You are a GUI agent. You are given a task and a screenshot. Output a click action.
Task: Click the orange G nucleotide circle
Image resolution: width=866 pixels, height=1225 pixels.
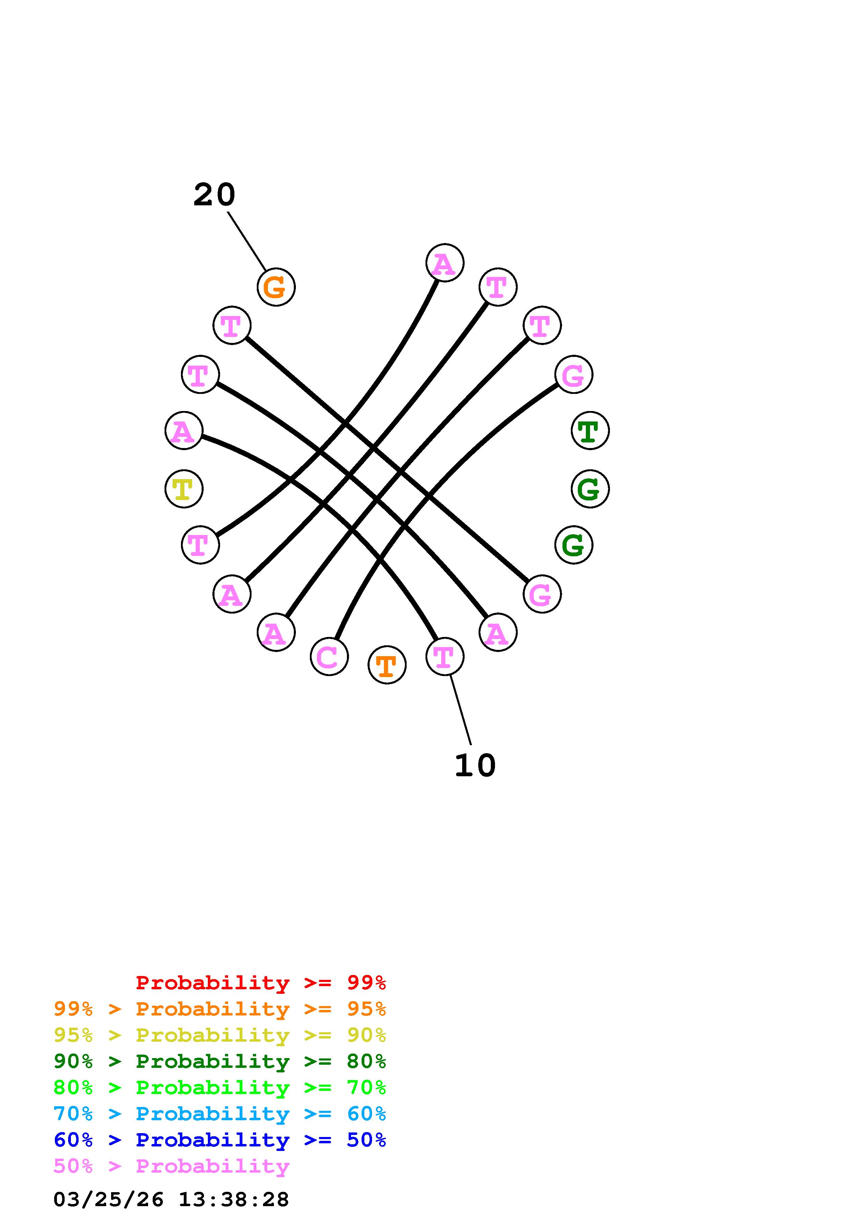(276, 287)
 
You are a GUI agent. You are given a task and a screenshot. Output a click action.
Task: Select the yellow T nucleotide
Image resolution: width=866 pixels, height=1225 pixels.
(183, 489)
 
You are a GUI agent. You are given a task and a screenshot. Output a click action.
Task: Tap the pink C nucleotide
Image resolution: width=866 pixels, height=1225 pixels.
(329, 656)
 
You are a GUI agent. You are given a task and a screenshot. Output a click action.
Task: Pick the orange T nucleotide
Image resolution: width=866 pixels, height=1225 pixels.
(387, 665)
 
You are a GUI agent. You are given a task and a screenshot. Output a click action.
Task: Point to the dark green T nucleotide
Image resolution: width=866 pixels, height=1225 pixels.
(590, 431)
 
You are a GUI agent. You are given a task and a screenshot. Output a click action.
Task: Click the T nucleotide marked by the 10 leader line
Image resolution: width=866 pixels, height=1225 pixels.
(444, 656)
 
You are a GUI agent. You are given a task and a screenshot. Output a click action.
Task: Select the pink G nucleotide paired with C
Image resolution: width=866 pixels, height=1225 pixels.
(574, 375)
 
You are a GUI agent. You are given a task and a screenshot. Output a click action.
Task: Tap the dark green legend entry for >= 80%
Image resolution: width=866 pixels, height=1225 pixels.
(220, 1061)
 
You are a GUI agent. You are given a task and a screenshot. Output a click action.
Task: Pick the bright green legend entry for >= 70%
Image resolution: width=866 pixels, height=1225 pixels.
(220, 1087)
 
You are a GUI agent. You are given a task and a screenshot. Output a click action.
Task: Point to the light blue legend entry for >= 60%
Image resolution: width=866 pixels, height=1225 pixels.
(220, 1114)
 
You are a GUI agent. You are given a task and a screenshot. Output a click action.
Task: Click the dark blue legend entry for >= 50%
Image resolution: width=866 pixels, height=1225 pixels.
(220, 1140)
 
